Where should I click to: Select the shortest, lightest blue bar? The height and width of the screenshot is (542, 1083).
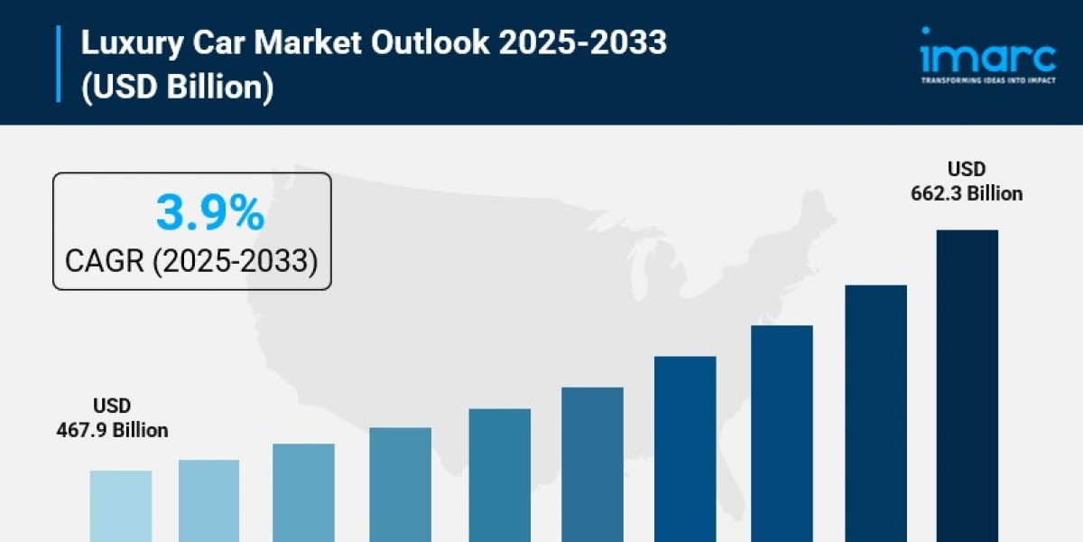[121, 506]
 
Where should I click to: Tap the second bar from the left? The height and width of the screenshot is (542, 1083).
[208, 500]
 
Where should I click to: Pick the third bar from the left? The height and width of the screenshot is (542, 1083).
[303, 492]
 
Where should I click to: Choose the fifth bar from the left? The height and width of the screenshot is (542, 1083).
[499, 474]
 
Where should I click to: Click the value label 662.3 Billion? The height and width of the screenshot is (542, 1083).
[967, 193]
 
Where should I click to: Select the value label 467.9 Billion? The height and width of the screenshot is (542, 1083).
[112, 430]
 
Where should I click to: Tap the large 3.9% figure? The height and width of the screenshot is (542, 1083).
[209, 214]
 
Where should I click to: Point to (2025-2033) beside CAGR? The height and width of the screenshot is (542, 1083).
[234, 261]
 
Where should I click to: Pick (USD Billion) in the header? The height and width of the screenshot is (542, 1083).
[177, 89]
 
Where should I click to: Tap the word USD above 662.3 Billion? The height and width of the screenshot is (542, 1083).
[967, 169]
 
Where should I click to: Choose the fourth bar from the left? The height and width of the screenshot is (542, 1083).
[401, 484]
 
